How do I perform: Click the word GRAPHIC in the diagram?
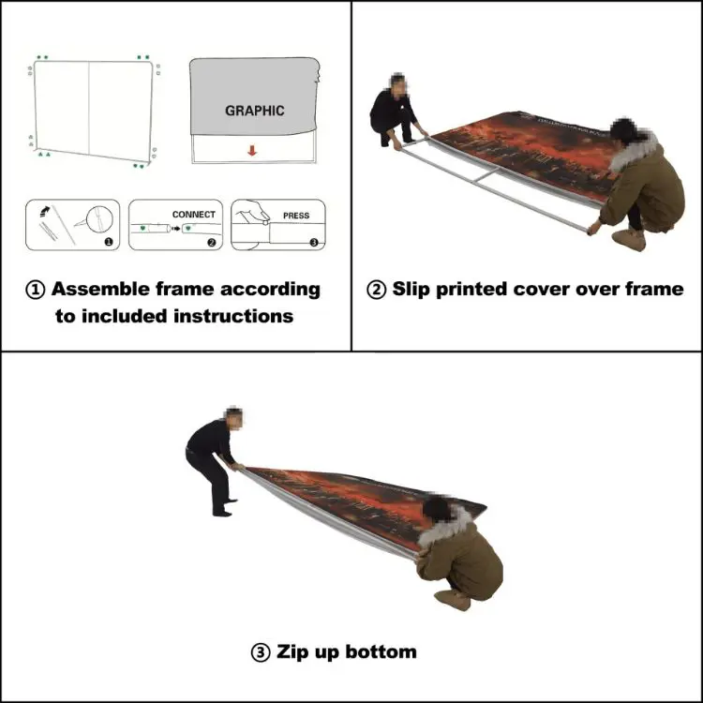tap(254, 111)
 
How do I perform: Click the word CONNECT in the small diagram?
tap(193, 215)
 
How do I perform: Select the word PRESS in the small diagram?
tap(296, 216)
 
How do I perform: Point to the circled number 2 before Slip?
tap(376, 290)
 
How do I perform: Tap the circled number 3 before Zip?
tap(262, 651)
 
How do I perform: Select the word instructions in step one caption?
tap(233, 316)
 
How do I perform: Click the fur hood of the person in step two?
tap(637, 148)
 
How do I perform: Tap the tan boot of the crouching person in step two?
tap(633, 240)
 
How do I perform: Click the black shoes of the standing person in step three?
tap(224, 510)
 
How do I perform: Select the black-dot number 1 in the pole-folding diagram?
tap(108, 242)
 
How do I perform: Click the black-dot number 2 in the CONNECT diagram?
tap(211, 242)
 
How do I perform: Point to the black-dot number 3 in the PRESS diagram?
tap(314, 242)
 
